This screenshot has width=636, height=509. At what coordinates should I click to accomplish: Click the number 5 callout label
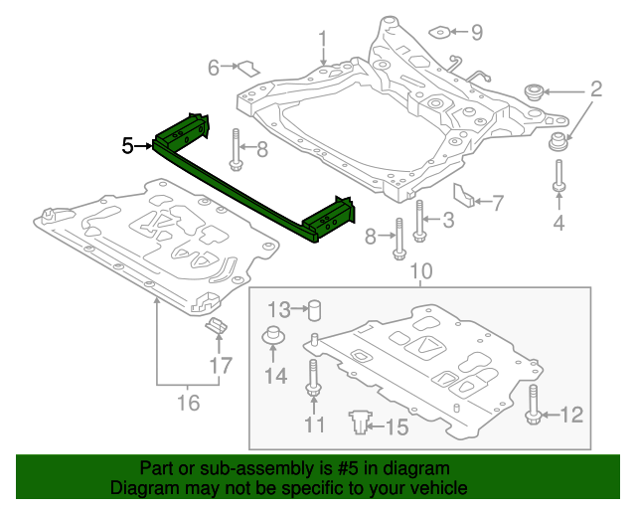[127, 146]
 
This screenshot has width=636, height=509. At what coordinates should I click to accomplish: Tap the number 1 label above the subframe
[323, 40]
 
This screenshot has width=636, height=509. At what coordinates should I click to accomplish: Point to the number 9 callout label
[476, 33]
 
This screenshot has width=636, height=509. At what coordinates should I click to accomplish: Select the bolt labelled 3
[419, 223]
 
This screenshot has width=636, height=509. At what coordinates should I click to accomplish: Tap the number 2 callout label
[596, 90]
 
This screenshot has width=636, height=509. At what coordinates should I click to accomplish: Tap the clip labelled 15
[358, 424]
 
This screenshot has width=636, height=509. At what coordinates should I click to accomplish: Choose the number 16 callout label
[187, 403]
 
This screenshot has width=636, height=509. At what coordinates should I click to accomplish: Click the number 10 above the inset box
[421, 270]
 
